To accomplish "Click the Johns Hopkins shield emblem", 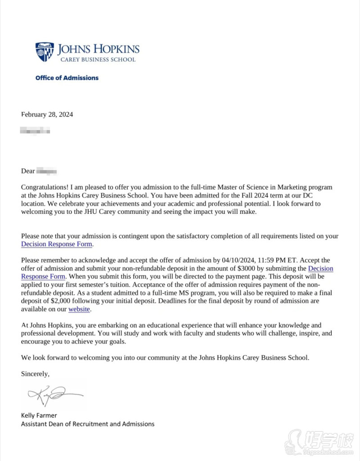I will click(x=44, y=51).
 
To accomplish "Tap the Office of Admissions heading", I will click(x=67, y=78).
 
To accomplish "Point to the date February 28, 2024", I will click(x=47, y=114).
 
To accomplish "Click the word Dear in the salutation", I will click(x=28, y=171).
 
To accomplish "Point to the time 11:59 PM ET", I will click(x=279, y=260).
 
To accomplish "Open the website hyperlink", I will click(x=79, y=309).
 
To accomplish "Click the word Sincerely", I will click(x=35, y=374).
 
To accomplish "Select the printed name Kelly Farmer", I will click(x=39, y=415).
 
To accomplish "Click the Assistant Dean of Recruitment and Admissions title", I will click(x=88, y=424).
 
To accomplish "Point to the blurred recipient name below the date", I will click(x=35, y=131).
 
